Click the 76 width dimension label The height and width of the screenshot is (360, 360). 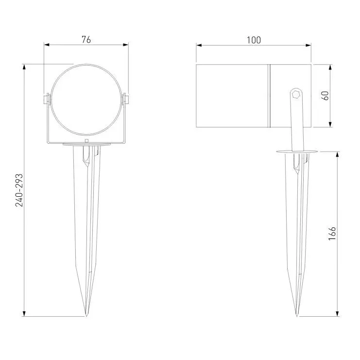click(86, 40)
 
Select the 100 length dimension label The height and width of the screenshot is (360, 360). click(254, 40)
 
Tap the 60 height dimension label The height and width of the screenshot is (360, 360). click(325, 96)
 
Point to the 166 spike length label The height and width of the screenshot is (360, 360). click(332, 234)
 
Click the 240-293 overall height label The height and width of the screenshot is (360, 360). click(19, 190)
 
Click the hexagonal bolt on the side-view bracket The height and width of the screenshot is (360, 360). click(296, 94)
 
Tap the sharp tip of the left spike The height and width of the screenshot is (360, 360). click(86, 316)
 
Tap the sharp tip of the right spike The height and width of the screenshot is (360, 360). click(297, 316)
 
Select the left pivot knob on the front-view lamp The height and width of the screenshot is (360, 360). click(46, 100)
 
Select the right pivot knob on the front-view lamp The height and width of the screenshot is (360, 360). click(126, 100)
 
